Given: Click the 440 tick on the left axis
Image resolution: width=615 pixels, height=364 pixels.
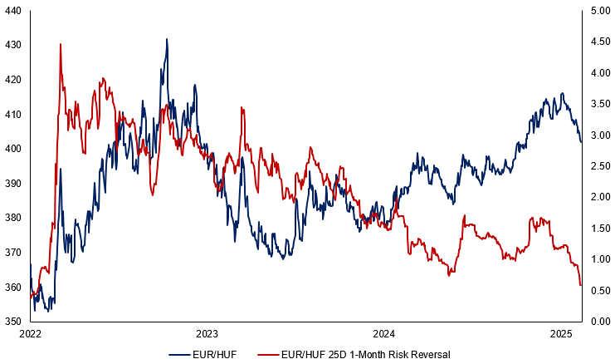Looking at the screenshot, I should pyautogui.click(x=13, y=11).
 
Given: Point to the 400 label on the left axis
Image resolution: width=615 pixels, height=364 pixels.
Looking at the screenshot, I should pyautogui.click(x=13, y=149).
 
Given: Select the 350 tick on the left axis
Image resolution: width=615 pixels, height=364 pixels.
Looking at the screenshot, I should pyautogui.click(x=13, y=321).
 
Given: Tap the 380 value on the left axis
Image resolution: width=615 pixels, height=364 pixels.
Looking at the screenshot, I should pyautogui.click(x=13, y=218).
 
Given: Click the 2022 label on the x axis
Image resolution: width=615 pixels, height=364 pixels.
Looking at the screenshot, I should pyautogui.click(x=30, y=334).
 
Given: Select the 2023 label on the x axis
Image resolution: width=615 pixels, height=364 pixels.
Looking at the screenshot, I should pyautogui.click(x=207, y=334).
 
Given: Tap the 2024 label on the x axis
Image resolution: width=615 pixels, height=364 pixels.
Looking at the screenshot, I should pyautogui.click(x=384, y=334).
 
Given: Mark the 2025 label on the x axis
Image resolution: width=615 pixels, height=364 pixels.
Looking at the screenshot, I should pyautogui.click(x=562, y=334).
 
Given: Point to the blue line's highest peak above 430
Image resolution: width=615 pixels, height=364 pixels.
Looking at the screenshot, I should pyautogui.click(x=167, y=39).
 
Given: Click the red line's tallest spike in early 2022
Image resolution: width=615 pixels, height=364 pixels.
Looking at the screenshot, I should pyautogui.click(x=61, y=44).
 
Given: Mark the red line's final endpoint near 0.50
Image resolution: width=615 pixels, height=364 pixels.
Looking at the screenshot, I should pyautogui.click(x=581, y=286).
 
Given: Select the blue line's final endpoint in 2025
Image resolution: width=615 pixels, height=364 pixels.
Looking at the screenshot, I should pyautogui.click(x=581, y=142).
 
